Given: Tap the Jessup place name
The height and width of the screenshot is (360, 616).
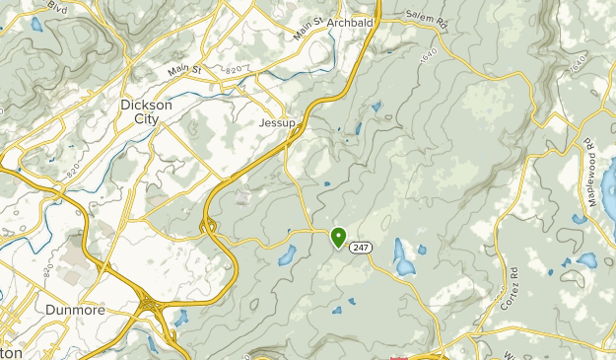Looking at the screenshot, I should (277, 123).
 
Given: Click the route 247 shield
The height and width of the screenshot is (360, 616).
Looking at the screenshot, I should (362, 249).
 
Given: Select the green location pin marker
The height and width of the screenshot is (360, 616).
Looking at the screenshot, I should (338, 236).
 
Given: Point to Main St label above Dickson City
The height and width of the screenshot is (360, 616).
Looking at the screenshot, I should (183, 70).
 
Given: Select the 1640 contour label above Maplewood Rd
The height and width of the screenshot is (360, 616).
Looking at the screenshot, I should (578, 66).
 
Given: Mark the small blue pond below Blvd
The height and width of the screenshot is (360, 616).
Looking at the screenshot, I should (36, 24).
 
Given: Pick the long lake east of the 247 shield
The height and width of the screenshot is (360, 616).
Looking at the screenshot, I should (403, 257).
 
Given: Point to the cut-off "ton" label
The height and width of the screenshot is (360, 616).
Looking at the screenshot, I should (11, 351).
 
